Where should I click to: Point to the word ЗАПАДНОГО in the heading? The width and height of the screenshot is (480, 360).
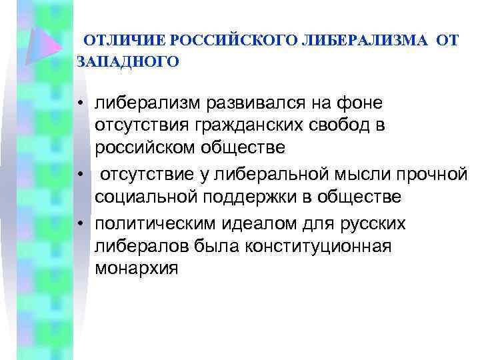coord(128,62)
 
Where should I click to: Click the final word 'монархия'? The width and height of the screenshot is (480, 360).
coord(137,268)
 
